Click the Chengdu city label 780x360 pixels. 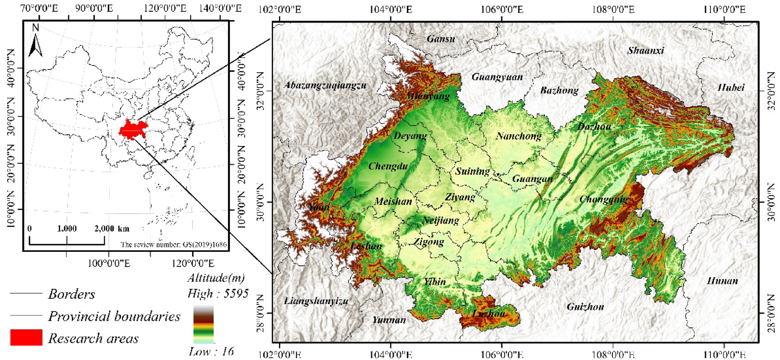click(x=388, y=167)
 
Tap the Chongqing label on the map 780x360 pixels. click(x=603, y=200)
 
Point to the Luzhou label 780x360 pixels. click(x=488, y=314)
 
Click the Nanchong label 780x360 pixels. click(x=519, y=136)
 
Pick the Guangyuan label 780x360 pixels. click(x=497, y=77)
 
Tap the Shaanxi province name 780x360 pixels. click(x=645, y=50)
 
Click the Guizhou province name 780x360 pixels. click(x=585, y=307)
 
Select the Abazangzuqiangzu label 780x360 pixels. click(x=325, y=86)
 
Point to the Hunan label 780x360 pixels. click(x=722, y=281)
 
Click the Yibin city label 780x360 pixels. click(x=435, y=282)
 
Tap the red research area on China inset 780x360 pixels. click(x=133, y=130)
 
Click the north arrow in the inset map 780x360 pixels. click(x=35, y=42)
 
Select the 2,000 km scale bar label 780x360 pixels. click(x=112, y=229)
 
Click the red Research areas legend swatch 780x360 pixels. click(x=26, y=337)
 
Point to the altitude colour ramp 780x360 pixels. click(x=203, y=325)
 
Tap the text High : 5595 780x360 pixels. click(x=218, y=293)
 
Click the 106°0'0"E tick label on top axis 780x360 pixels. click(x=501, y=9)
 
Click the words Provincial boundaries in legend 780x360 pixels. click(x=114, y=316)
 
